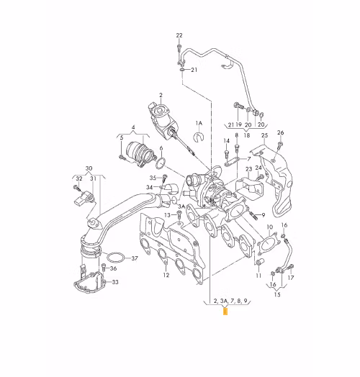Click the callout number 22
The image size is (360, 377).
pyautogui.click(x=179, y=35)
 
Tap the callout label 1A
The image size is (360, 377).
pyautogui.click(x=199, y=124)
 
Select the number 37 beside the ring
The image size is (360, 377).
pyautogui.click(x=135, y=258)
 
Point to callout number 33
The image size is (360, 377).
pyautogui.click(x=115, y=282)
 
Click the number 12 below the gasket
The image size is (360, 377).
pyautogui.click(x=166, y=275)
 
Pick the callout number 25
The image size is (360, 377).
pyautogui.click(x=264, y=135)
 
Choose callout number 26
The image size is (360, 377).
pyautogui.click(x=281, y=132)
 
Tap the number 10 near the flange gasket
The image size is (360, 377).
pyautogui.click(x=270, y=227)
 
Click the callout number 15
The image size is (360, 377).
pyautogui.click(x=277, y=294)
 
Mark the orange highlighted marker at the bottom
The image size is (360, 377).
pyautogui.click(x=225, y=312)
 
